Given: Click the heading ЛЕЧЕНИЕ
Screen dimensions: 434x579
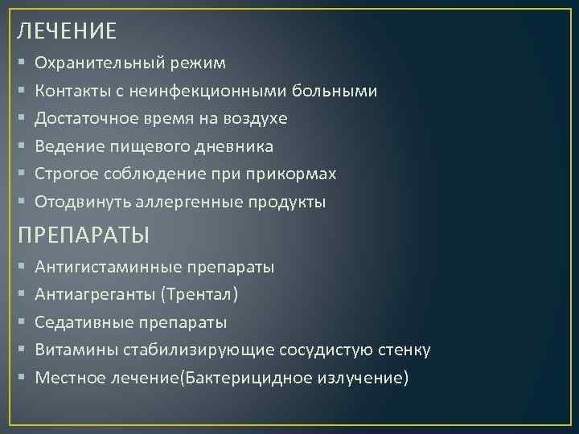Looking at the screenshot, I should (x=68, y=31).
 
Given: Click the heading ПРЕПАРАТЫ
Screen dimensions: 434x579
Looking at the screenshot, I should (x=84, y=235).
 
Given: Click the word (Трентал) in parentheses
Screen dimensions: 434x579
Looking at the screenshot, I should (x=199, y=294).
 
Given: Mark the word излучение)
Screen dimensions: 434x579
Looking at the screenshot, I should (x=363, y=378).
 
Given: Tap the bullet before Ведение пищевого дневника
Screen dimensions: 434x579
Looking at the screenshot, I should (x=21, y=147).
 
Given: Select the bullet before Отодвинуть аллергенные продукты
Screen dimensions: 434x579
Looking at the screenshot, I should (x=21, y=203).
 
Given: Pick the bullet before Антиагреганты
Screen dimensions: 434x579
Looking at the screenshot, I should (x=21, y=295).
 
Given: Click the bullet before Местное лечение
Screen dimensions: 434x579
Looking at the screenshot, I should (x=21, y=378).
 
